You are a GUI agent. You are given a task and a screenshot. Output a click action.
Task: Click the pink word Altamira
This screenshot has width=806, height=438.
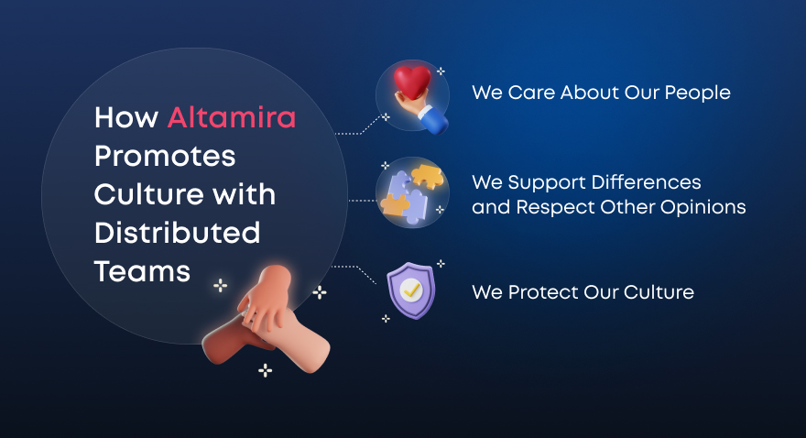pos(232,117)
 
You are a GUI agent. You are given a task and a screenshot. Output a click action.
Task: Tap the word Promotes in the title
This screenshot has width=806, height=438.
pos(165,157)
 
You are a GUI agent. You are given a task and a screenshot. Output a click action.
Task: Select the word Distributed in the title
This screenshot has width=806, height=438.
pos(178,233)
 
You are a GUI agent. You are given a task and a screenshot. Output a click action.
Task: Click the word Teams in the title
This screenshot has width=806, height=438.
pos(142,271)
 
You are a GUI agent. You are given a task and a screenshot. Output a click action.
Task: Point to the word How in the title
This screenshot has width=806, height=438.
pos(126,117)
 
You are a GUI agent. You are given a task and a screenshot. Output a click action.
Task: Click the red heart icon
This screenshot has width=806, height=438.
pos(412,82)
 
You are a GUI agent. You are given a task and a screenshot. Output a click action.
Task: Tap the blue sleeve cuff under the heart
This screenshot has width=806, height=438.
pos(433,120)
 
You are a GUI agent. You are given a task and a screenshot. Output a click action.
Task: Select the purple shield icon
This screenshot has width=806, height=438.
pos(411,290)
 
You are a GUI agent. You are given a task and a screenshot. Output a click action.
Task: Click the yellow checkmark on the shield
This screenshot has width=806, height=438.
pos(411,290)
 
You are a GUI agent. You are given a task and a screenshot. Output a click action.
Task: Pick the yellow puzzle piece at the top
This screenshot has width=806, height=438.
pos(427,176)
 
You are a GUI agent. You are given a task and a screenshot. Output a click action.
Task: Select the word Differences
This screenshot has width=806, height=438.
pos(646,182)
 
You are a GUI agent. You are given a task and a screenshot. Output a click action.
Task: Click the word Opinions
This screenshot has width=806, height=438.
pos(703,208)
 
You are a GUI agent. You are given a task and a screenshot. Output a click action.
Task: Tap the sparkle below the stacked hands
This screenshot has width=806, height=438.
pos(266,370)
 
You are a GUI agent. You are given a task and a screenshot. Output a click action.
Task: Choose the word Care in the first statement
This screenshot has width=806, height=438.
pos(531,93)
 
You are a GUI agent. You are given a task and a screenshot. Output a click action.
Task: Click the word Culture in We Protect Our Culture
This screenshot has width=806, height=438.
pos(659,292)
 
